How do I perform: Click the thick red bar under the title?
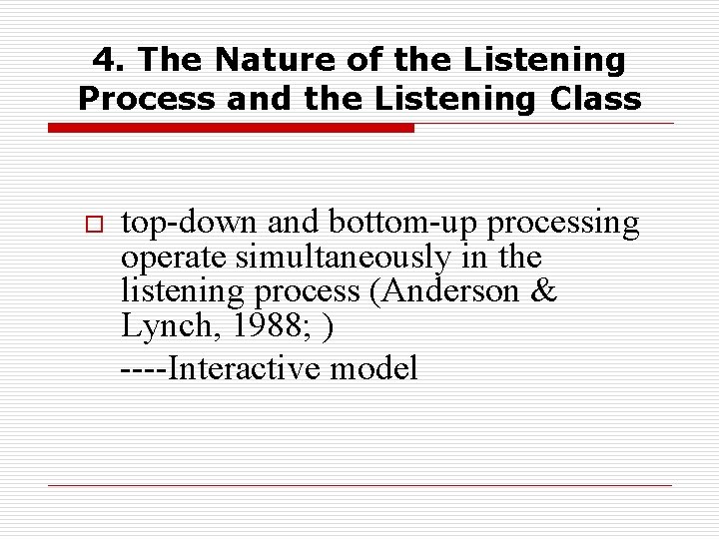[231, 128]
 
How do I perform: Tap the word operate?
[174, 260]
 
